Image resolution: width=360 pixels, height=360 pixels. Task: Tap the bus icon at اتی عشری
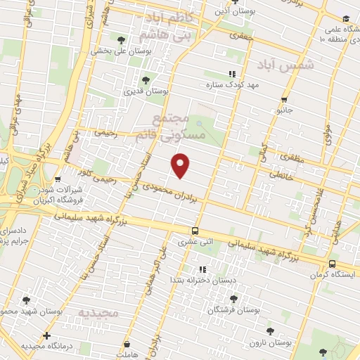[195, 231]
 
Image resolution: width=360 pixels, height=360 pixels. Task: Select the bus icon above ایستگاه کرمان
[331, 264]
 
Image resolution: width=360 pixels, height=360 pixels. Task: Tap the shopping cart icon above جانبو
[284, 99]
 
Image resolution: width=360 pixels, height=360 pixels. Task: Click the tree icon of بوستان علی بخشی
[122, 40]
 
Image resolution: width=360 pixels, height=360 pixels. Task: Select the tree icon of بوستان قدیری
[146, 80]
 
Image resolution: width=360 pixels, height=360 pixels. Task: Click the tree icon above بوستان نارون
[269, 330]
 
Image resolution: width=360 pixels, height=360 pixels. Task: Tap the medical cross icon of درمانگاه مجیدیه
[46, 335]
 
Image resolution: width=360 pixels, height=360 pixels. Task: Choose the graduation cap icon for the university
[345, 19]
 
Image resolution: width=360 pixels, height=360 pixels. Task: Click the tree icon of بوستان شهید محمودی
[26, 300]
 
